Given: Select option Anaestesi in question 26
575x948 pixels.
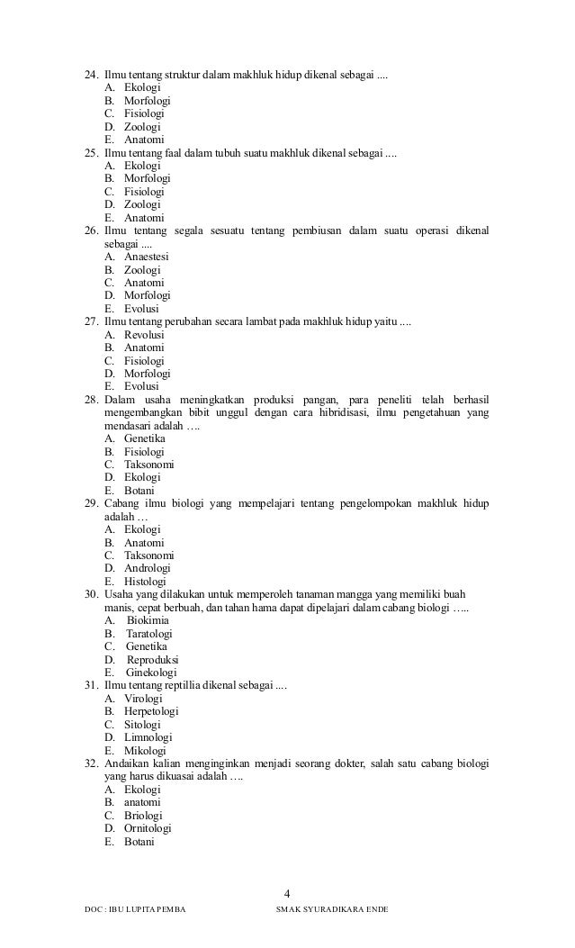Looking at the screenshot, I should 147,257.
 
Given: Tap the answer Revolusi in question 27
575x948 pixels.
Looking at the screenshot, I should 144,335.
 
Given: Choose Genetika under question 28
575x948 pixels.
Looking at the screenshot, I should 144,438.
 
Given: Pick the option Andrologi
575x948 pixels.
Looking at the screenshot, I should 148,568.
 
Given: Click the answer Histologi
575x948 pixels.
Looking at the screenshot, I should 146,582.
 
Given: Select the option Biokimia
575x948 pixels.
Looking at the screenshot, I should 148,620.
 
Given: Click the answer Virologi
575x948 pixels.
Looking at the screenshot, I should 143,699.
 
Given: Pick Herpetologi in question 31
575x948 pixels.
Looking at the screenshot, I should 150,711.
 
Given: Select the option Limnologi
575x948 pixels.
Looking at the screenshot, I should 147,737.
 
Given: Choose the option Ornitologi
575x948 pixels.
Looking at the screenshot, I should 148,828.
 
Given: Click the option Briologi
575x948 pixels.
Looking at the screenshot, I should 144,816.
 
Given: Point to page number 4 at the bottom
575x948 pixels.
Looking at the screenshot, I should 287,893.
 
